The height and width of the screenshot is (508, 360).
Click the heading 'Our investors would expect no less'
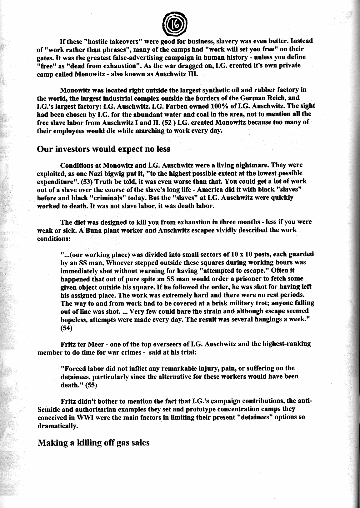tap(103, 149)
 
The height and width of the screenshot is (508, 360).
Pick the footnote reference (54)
tap(66, 328)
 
